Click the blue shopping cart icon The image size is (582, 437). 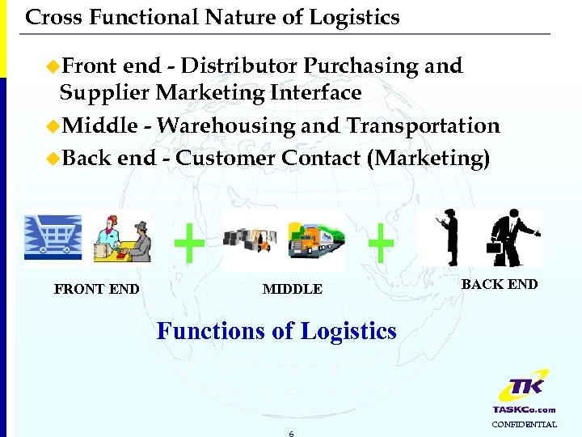click(53, 237)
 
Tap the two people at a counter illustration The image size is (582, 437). click(120, 237)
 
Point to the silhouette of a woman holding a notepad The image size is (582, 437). click(446, 236)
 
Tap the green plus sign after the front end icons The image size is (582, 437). click(189, 244)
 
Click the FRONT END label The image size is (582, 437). click(96, 289)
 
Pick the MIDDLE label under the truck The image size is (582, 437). click(292, 289)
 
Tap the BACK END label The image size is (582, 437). click(499, 284)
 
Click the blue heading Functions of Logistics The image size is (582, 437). click(276, 331)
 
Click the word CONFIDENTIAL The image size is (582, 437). click(525, 424)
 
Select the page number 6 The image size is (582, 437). click(291, 434)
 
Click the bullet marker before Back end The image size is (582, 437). click(53, 158)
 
